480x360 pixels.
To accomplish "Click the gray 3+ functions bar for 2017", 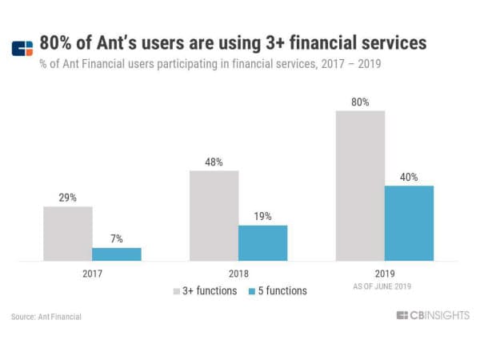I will (x=68, y=234).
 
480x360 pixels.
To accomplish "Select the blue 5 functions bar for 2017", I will (x=117, y=254).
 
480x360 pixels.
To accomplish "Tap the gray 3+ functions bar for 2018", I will (x=214, y=215).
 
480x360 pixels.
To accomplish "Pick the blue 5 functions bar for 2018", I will (x=262, y=242).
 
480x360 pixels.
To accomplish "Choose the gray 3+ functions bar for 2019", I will (x=360, y=186).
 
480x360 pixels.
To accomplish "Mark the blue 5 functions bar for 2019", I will (x=409, y=223).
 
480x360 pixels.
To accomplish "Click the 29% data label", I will (x=68, y=198).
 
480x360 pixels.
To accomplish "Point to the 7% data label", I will (x=117, y=239).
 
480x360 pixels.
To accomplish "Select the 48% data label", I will (x=214, y=162).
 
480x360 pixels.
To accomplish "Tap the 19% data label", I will (x=262, y=216).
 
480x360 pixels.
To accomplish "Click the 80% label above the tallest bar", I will (x=360, y=102).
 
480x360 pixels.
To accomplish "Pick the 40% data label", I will (x=409, y=177).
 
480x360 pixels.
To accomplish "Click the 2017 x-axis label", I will (x=93, y=274).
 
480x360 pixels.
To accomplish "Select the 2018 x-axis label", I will (x=238, y=274).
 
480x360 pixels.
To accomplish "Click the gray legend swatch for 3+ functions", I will (x=178, y=291).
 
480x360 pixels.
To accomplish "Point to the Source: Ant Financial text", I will (x=46, y=317).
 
